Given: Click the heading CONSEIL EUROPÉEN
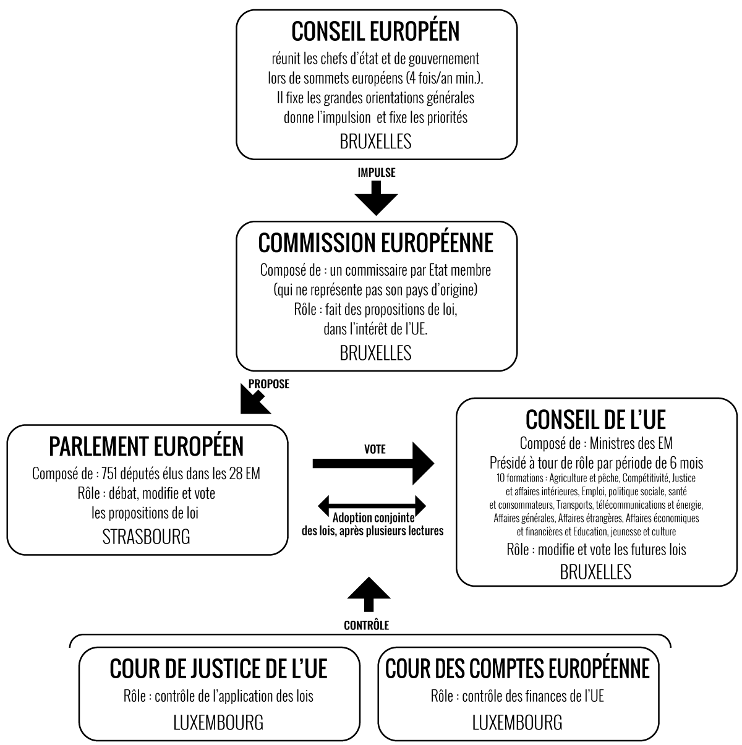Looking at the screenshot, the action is click(x=375, y=31).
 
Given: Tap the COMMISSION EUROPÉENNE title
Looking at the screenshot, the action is click(x=376, y=242).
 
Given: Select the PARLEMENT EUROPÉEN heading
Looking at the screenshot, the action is click(x=146, y=446).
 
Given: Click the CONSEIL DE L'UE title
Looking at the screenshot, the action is click(x=595, y=419).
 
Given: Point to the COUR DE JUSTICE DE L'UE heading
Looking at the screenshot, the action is click(x=218, y=669).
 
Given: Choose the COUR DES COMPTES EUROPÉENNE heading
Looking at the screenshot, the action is click(x=518, y=669).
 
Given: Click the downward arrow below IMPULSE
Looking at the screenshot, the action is click(x=376, y=198).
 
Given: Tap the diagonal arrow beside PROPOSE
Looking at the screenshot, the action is click(x=255, y=399).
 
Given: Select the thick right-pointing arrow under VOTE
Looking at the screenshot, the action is click(x=373, y=463).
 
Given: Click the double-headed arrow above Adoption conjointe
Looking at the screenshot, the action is click(x=372, y=505).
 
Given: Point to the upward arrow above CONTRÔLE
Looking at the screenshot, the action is click(x=369, y=594).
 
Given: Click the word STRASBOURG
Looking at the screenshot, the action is click(x=146, y=537).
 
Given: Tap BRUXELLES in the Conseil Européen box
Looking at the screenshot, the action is click(x=375, y=142).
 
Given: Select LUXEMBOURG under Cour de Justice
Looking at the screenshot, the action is click(x=218, y=722).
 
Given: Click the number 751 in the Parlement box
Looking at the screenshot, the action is click(x=109, y=474).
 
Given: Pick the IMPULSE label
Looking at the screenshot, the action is click(x=377, y=172).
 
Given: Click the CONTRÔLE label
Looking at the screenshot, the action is click(x=367, y=625).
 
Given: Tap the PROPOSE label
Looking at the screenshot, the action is click(x=269, y=384).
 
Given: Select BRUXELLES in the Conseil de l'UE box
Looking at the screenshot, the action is click(x=595, y=572).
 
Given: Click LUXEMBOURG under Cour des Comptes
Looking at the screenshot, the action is click(x=518, y=722).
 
